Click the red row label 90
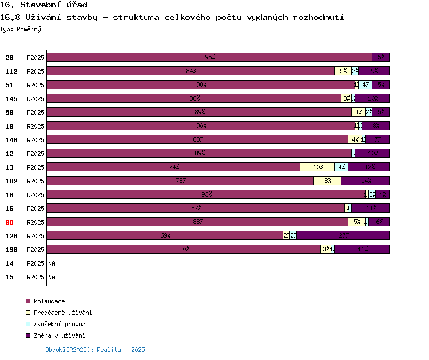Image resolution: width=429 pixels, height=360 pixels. (x=10, y=222)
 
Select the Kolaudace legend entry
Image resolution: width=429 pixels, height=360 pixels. (x=49, y=301)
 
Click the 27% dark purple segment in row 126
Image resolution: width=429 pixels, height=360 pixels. (x=343, y=235)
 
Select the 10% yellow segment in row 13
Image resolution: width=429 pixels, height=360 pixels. (x=317, y=167)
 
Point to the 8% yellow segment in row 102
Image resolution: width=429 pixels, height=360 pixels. (x=327, y=181)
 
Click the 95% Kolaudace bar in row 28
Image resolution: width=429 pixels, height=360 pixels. (x=209, y=57)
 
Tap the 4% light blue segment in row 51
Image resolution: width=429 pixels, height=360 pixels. (x=365, y=85)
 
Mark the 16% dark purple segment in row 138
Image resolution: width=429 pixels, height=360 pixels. (x=362, y=249)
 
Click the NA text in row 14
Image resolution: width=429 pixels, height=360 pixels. (x=51, y=263)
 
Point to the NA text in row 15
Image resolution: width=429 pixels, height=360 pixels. (x=51, y=277)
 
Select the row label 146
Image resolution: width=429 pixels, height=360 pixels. (x=11, y=140)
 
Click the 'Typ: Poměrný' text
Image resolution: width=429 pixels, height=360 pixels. (x=20, y=29)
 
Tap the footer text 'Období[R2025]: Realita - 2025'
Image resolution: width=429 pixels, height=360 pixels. (x=95, y=350)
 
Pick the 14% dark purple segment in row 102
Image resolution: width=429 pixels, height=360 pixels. (x=366, y=181)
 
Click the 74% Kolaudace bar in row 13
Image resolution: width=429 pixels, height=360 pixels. (x=173, y=167)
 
